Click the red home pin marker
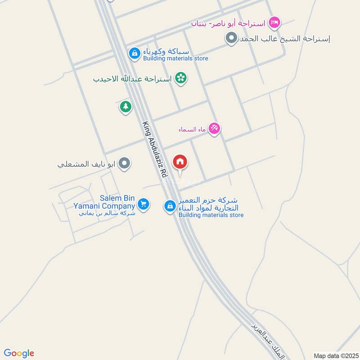[x=180, y=162]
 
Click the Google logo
[x=19, y=353]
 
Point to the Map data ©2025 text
[x=335, y=356]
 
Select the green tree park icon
[x=126, y=107]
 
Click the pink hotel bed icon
[x=274, y=22]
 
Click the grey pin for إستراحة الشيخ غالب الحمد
[x=231, y=39]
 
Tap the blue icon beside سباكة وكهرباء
[x=134, y=54]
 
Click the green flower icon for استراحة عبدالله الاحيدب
[x=181, y=78]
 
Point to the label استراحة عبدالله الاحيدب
[x=132, y=79]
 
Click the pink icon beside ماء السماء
[x=214, y=129]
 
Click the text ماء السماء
[x=192, y=130]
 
